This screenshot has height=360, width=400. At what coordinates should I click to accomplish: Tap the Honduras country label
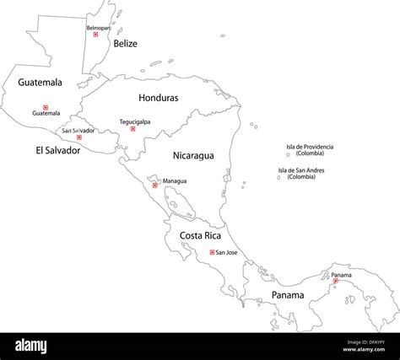(x=159, y=98)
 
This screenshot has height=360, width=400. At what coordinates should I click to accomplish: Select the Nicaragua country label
(x=193, y=155)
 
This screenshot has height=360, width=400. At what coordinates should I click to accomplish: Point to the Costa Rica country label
(x=200, y=235)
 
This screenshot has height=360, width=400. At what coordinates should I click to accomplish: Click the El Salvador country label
(x=57, y=151)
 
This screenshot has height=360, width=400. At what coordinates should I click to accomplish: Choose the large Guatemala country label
(x=40, y=83)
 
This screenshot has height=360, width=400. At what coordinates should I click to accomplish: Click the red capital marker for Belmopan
(x=95, y=35)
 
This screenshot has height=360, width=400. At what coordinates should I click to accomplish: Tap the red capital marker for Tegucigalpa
(x=132, y=129)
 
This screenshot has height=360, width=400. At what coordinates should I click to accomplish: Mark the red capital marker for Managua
(x=154, y=185)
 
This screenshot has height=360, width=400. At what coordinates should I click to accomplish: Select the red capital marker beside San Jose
(x=212, y=252)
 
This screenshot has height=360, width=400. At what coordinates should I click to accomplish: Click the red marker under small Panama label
(x=335, y=281)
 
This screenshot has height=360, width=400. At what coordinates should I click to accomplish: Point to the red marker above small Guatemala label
(x=46, y=107)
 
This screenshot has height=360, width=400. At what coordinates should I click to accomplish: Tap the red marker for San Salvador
(x=79, y=137)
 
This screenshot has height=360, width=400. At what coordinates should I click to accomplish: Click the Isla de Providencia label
(x=310, y=149)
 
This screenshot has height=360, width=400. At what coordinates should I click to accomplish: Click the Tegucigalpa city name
(x=135, y=121)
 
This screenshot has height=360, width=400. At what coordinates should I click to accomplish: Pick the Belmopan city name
(x=98, y=28)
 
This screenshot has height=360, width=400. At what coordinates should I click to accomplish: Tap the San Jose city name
(x=227, y=252)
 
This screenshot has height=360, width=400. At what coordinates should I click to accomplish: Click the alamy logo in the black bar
(x=42, y=346)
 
